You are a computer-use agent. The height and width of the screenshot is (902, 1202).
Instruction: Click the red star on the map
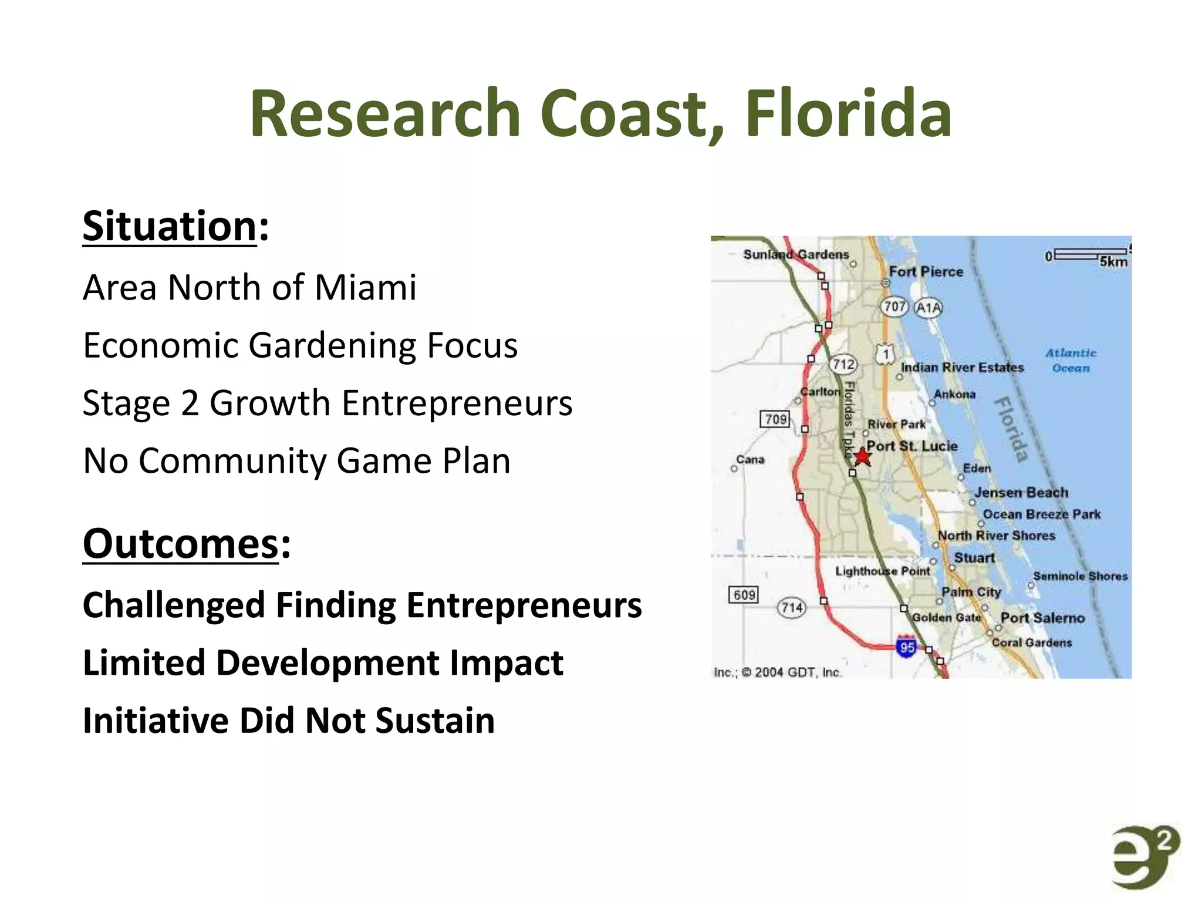(861, 457)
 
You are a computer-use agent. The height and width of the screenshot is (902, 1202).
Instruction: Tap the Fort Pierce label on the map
(926, 271)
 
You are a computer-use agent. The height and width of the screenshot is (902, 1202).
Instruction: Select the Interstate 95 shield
(907, 647)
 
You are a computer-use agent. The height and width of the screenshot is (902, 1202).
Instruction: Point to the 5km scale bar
(1090, 255)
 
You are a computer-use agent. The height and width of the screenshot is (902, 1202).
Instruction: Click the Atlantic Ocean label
(1071, 361)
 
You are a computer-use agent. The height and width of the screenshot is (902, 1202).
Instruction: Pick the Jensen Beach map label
(1021, 492)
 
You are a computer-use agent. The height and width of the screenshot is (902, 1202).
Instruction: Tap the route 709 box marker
(775, 419)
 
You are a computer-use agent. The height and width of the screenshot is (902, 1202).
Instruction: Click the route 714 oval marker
(792, 607)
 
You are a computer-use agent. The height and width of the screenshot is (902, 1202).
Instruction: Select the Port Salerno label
(1042, 618)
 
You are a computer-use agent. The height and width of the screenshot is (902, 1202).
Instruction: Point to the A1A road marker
(928, 308)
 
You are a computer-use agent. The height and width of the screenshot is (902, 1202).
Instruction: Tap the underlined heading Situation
(170, 226)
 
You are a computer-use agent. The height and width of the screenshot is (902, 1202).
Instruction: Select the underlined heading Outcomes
(180, 544)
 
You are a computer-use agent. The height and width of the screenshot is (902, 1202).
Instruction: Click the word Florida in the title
(848, 113)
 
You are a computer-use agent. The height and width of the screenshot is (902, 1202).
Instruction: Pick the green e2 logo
(1144, 857)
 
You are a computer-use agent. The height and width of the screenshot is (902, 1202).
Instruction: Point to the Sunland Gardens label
(796, 254)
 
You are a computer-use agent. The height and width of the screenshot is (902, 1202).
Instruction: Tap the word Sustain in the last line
(435, 721)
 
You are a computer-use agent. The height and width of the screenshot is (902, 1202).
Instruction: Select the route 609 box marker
(744, 595)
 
